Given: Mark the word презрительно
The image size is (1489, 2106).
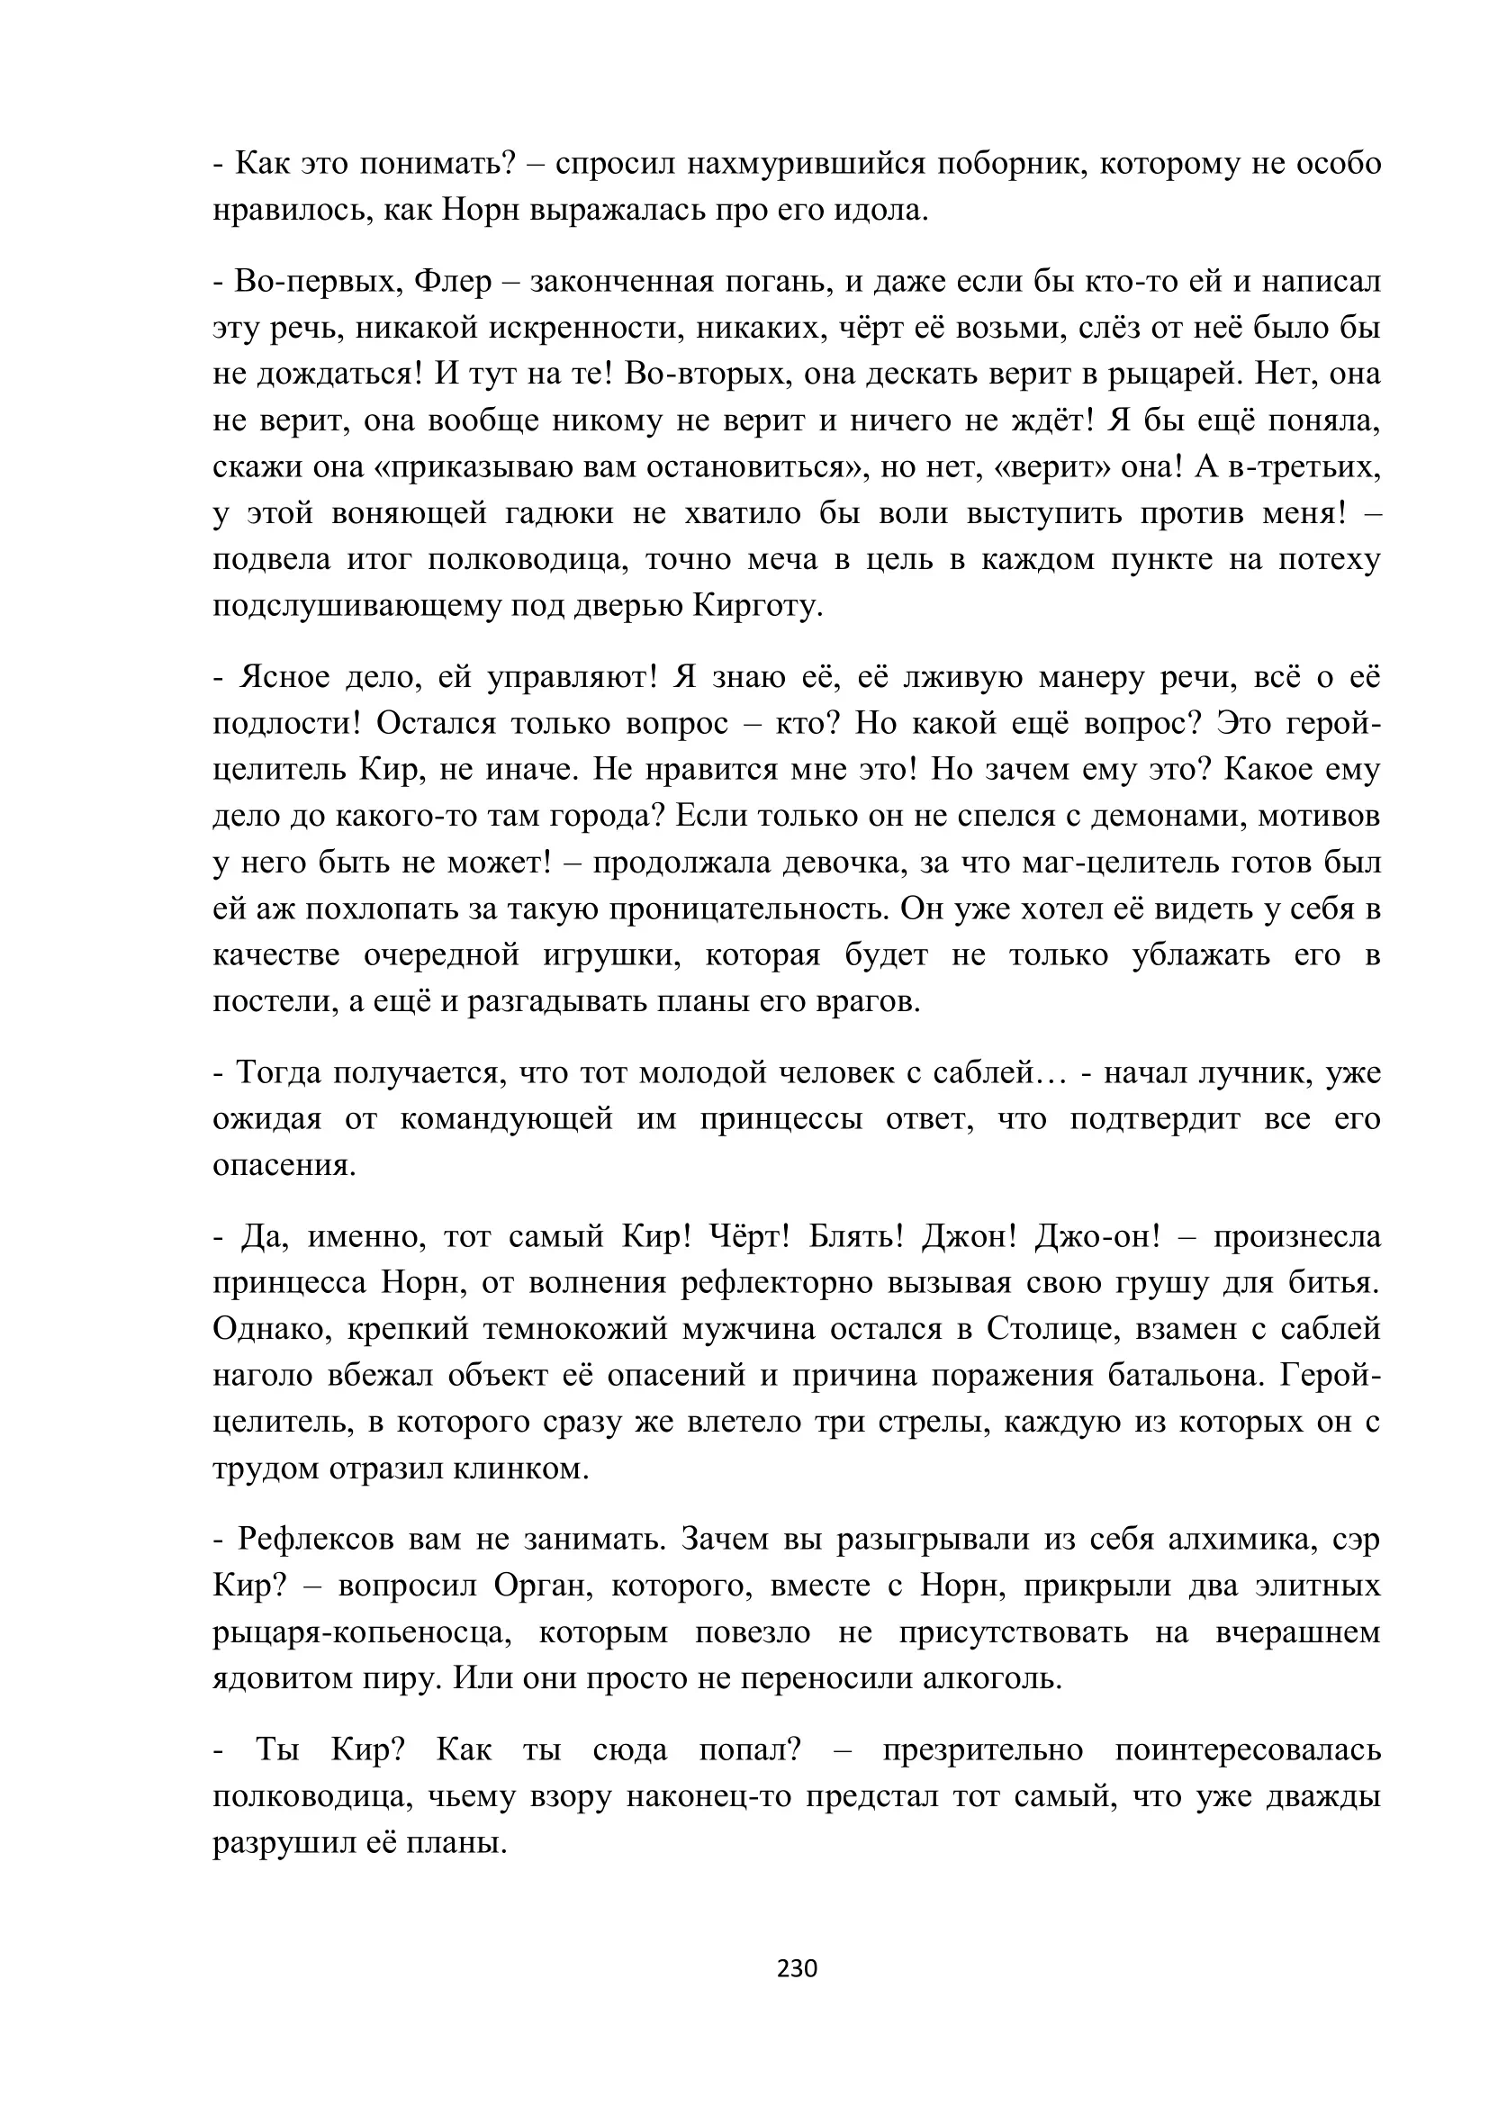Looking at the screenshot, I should tap(983, 1749).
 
